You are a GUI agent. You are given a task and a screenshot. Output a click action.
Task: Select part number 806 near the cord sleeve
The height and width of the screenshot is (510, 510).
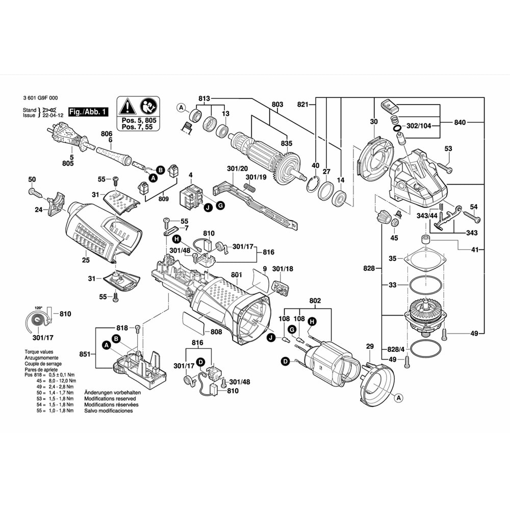(x=106, y=134)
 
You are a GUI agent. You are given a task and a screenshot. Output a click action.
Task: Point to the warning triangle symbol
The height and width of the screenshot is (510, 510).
(x=127, y=107)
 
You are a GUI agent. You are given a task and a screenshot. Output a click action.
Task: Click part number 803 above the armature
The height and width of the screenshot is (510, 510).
(x=277, y=105)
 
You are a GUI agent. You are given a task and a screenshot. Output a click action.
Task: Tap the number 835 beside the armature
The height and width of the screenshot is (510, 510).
(x=287, y=144)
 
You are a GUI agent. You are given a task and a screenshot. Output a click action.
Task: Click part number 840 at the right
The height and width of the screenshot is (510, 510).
(x=460, y=122)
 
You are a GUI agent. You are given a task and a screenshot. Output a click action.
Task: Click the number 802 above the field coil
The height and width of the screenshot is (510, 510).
(x=315, y=301)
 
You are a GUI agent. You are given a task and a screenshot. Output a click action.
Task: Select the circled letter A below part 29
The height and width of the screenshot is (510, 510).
(x=399, y=397)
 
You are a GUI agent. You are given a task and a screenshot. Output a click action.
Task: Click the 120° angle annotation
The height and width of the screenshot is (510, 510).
(x=38, y=309)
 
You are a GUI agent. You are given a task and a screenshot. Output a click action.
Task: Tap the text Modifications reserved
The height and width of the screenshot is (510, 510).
(x=106, y=398)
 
